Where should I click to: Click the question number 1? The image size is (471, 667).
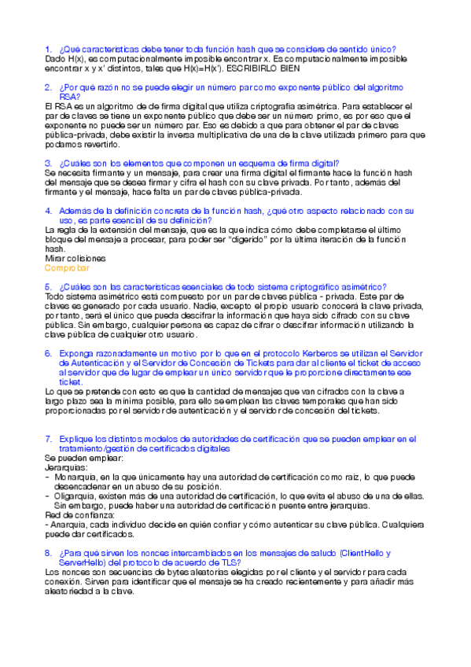click(49, 49)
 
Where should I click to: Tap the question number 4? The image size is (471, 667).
click(49, 211)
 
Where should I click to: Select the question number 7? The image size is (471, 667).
click(49, 438)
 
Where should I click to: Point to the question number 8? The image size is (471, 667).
click(49, 553)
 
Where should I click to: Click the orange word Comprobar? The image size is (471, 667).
click(68, 267)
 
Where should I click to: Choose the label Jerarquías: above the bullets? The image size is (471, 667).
click(66, 467)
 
